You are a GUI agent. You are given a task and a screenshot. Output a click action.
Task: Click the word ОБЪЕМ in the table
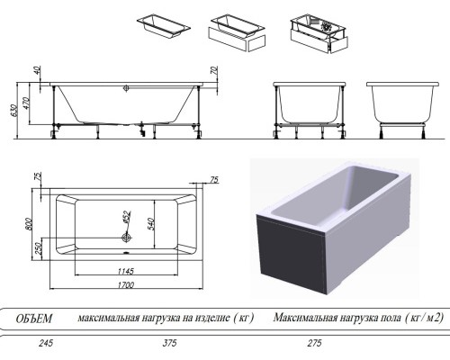35,318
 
